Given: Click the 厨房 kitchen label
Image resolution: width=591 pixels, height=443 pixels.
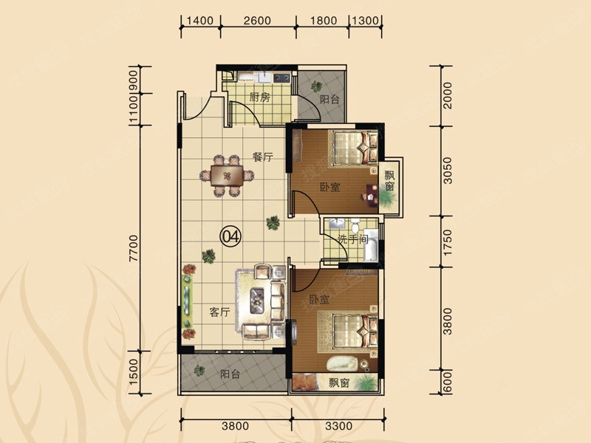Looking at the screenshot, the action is pos(260,97).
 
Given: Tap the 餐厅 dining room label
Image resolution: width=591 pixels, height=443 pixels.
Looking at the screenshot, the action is pos(263,157).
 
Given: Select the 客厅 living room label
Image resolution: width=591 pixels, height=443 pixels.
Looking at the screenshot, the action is pos(219,312).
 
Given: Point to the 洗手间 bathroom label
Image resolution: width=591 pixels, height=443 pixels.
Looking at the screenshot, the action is pos(352,238).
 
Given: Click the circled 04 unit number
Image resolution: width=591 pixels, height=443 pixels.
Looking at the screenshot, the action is pos(230,237).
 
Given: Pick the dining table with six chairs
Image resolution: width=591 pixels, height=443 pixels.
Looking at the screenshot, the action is pos(227,176).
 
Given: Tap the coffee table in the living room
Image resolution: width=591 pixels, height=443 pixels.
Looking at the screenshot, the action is pos(257,301).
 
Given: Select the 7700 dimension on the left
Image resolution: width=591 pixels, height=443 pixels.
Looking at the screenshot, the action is pos(134,248).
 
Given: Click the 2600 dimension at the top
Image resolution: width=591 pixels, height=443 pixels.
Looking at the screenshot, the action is pos(257,21).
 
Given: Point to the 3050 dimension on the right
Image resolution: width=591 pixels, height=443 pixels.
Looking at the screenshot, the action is pos(448,171).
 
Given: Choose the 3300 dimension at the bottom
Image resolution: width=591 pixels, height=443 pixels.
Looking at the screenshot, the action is pos(338,426).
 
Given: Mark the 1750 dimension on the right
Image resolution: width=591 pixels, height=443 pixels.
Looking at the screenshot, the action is pos(448,243).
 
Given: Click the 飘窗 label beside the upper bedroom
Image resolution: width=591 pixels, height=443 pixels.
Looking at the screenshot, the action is pos(389,181).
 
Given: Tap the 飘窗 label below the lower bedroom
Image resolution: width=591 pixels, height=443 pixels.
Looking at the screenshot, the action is pos(338,383).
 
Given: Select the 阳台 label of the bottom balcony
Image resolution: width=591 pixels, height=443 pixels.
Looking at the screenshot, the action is pos(230,374).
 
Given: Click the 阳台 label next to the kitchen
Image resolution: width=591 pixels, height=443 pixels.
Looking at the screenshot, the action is pos(329,100).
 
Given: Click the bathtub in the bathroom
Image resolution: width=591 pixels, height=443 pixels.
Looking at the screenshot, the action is pos(371,245).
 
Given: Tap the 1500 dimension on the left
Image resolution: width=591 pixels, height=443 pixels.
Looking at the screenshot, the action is pos(134,371).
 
